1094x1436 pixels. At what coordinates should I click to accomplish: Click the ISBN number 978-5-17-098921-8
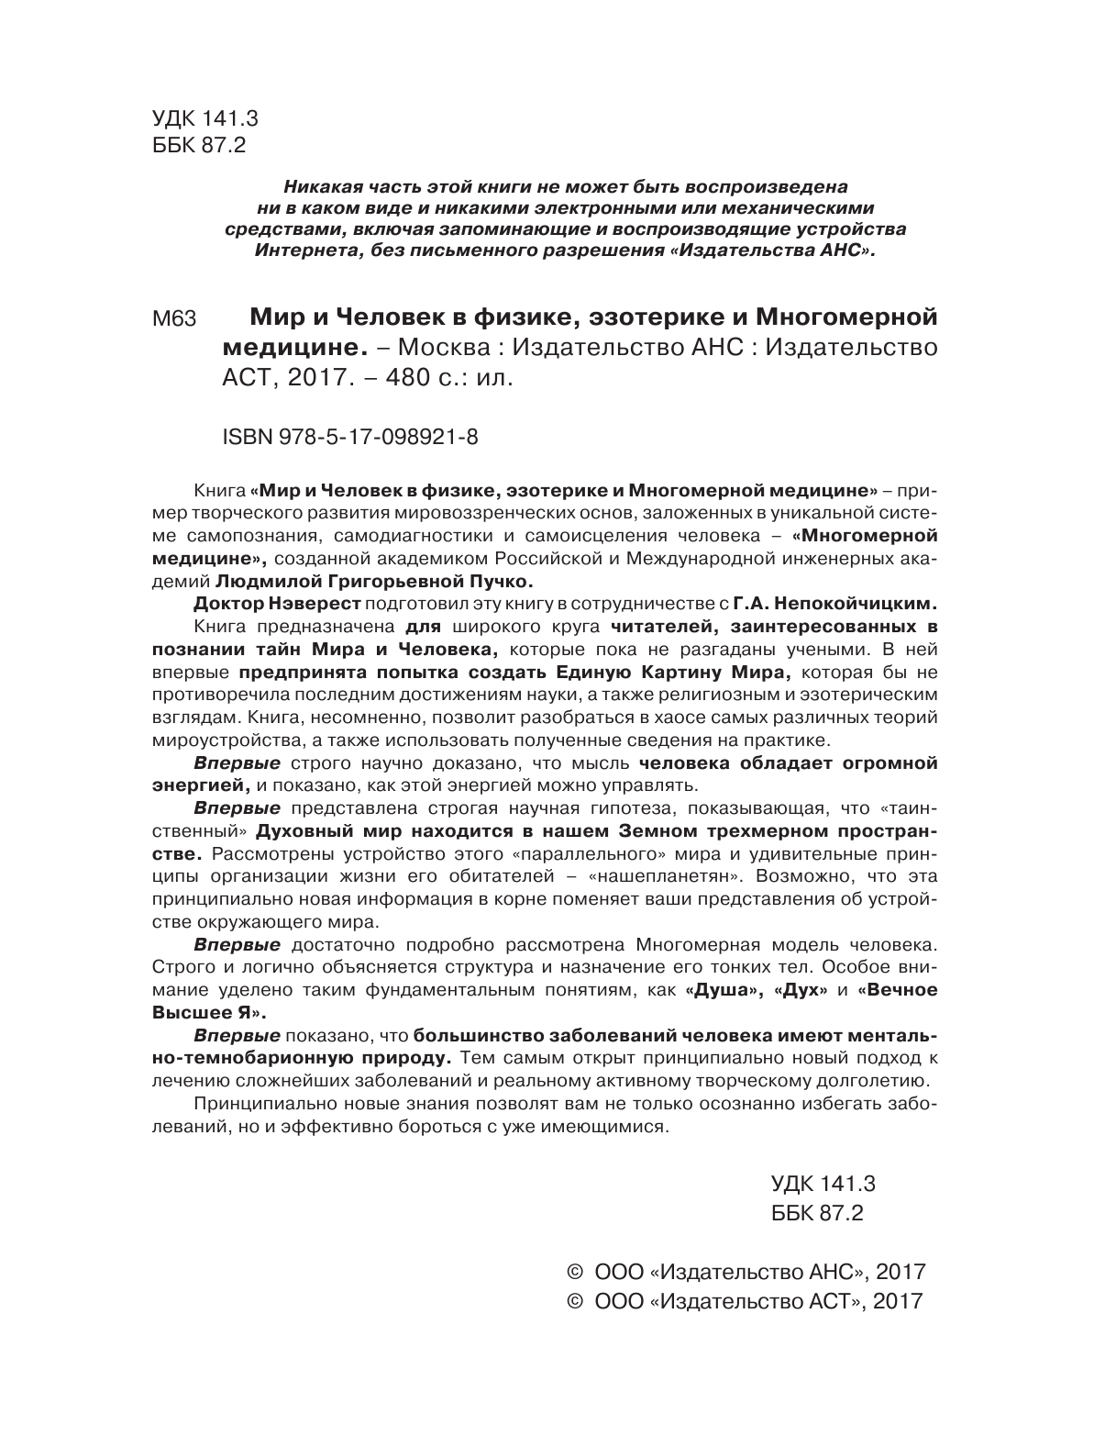[x=349, y=439]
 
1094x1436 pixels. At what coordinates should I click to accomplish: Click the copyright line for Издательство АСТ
[x=745, y=1301]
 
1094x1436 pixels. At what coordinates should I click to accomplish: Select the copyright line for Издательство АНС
[x=746, y=1272]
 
